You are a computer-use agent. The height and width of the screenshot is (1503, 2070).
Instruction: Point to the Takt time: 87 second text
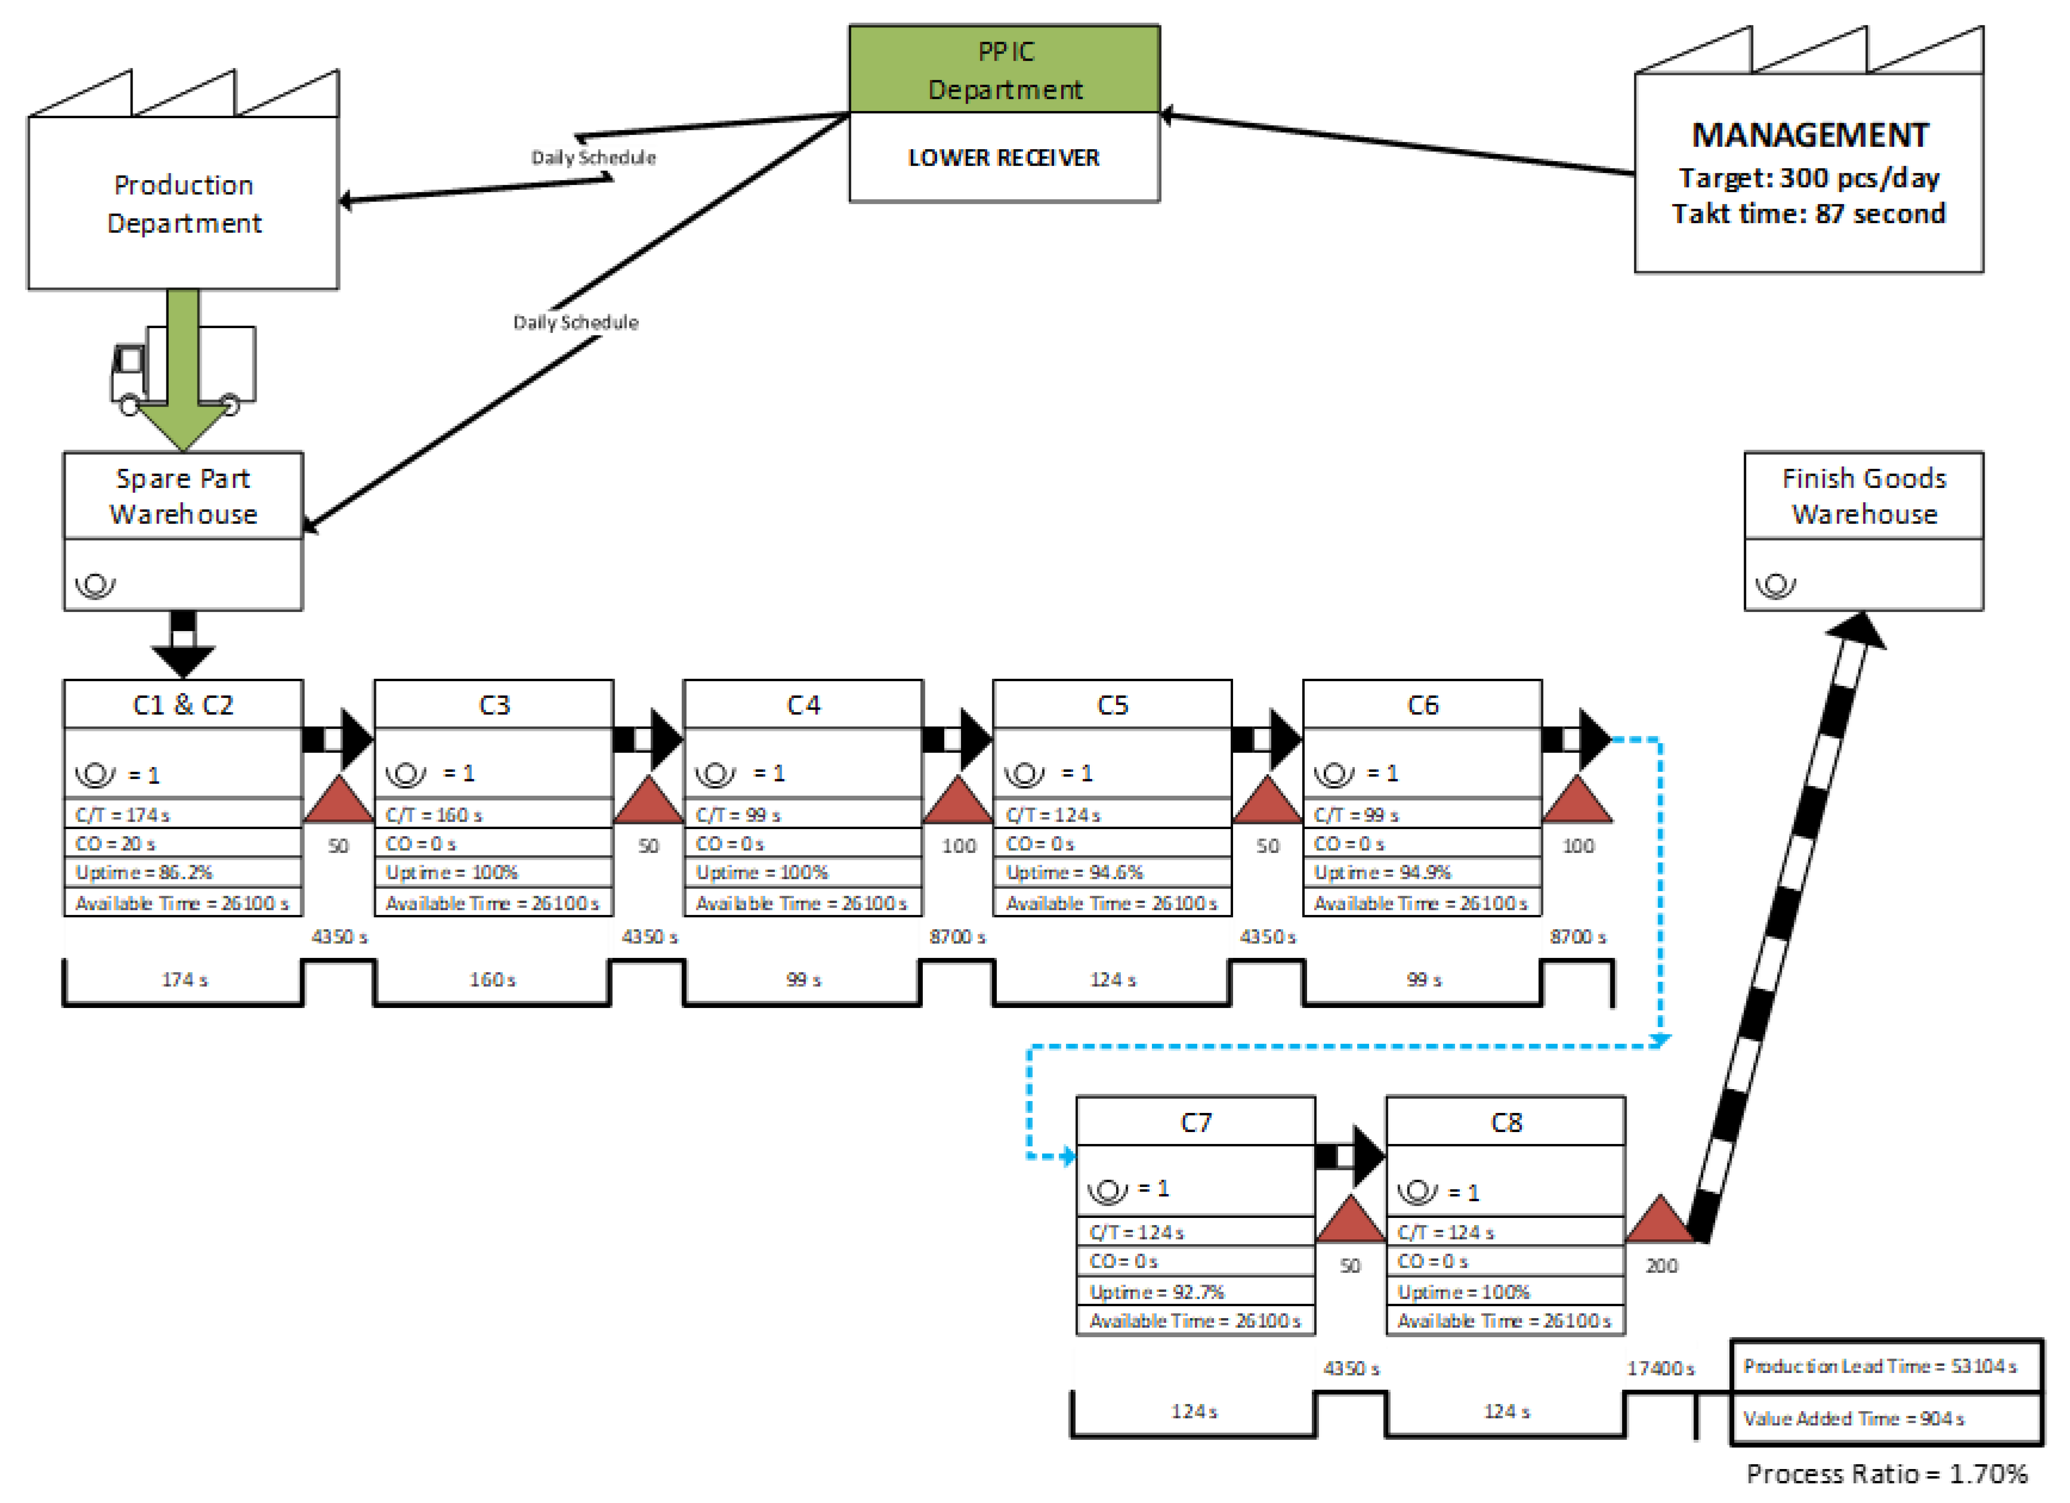point(1808,214)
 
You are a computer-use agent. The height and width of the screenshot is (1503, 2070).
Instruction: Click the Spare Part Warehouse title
point(183,496)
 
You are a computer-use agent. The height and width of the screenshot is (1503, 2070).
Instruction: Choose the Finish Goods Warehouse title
point(1863,496)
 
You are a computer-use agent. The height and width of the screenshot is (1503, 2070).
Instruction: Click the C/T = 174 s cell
point(183,814)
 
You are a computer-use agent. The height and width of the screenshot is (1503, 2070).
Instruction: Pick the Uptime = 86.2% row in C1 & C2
point(183,873)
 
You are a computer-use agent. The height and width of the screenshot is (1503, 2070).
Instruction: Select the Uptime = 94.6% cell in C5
point(1112,873)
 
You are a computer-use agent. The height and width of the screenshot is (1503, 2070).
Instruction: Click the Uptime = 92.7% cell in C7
point(1195,1291)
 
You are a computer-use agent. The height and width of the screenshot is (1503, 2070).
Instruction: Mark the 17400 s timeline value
point(1660,1368)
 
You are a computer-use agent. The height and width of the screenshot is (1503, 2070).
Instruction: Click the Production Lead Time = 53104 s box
point(1886,1366)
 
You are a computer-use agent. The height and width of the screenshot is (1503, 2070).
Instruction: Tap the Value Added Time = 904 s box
point(1886,1418)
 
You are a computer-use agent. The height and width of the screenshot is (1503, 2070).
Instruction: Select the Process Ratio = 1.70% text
point(1886,1474)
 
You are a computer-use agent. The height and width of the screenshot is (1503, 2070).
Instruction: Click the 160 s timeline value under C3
point(492,980)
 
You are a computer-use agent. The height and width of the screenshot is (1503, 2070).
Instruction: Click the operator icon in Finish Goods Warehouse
point(1775,585)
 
